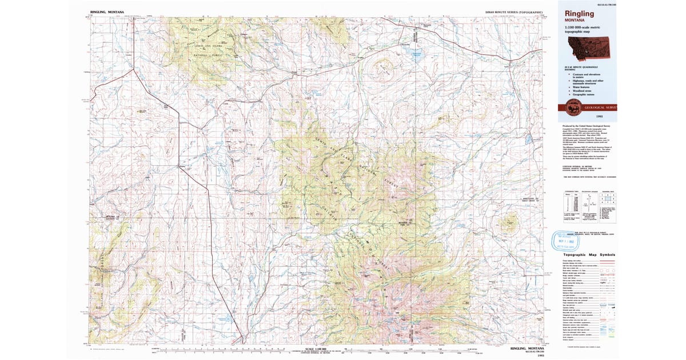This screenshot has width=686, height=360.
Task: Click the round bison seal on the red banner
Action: coord(572,107)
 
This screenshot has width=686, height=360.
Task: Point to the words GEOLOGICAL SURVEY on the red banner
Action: coord(600,107)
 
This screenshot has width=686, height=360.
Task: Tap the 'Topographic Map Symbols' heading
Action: coord(589,254)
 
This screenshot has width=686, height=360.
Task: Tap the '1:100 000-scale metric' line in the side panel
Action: coord(587,28)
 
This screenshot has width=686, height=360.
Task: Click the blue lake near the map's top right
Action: coord(414,56)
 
